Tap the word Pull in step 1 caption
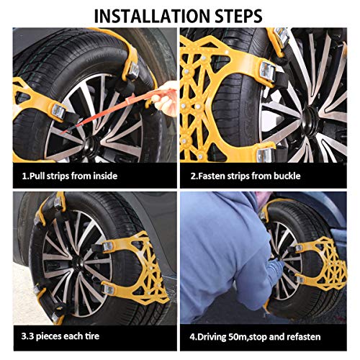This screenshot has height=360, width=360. point(37,176)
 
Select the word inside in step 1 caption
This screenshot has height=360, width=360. point(105,176)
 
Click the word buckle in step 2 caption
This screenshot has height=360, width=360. point(287,176)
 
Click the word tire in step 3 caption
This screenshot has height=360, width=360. point(92,336)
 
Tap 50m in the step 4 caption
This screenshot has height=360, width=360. point(235,337)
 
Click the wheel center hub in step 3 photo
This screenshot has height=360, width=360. point(77,262)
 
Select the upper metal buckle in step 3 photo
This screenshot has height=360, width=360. point(107,246)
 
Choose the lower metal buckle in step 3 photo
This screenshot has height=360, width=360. point(109,289)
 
